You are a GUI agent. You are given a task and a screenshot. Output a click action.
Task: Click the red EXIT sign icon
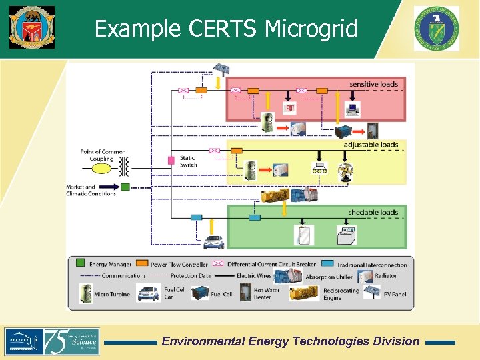[x=291, y=108]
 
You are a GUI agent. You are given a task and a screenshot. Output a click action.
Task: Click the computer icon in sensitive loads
[x=352, y=108]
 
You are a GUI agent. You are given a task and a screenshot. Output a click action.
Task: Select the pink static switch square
[x=171, y=161]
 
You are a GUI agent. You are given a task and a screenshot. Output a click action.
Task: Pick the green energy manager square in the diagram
[x=125, y=187]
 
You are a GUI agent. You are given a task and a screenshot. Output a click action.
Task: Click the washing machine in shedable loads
[x=347, y=235]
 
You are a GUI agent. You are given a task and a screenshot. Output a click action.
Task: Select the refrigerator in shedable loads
[x=303, y=235]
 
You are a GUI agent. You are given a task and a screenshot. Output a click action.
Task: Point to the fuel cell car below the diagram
[x=213, y=242]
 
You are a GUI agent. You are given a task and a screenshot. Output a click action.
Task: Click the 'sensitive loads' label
[x=373, y=85]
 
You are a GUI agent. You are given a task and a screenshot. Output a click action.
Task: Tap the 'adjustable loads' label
[x=371, y=145]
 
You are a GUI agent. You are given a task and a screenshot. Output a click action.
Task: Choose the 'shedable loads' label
[x=373, y=213]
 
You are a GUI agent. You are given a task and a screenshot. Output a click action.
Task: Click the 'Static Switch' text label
[x=189, y=161]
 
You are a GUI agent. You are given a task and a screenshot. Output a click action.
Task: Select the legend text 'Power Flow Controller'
[x=179, y=265]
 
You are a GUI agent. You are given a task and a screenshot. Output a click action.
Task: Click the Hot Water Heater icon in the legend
[x=244, y=293]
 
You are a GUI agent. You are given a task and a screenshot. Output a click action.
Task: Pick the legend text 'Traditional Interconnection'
[x=372, y=265]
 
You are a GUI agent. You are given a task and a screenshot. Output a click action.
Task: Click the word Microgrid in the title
[x=311, y=29]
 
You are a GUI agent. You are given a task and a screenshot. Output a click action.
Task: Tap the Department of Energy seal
[x=436, y=28]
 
